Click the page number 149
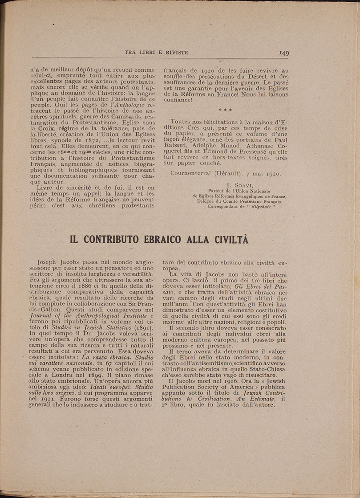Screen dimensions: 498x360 tap(284, 53)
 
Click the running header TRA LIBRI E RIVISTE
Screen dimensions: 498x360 tap(156, 53)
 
